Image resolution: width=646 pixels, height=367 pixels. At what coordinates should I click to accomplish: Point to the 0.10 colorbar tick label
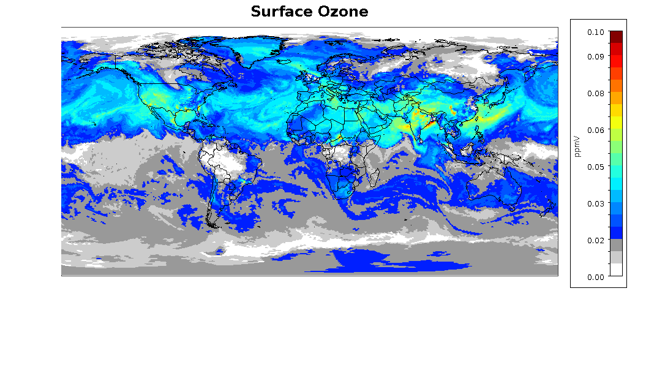pyautogui.click(x=595, y=32)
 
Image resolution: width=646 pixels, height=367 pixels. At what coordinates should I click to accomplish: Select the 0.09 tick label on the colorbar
pyautogui.click(x=595, y=56)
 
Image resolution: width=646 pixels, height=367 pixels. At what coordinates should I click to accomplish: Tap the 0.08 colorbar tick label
pyautogui.click(x=595, y=93)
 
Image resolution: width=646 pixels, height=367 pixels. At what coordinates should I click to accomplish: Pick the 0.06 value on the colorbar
pyautogui.click(x=595, y=130)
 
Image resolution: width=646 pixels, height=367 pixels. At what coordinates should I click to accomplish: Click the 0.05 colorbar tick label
pyautogui.click(x=595, y=167)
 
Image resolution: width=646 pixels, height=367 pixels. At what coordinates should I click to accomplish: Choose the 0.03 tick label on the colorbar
pyautogui.click(x=595, y=203)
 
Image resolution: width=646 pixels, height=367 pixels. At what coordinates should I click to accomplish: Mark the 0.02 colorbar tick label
pyautogui.click(x=595, y=240)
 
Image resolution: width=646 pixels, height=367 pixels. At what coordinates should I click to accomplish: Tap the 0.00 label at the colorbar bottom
pyautogui.click(x=595, y=277)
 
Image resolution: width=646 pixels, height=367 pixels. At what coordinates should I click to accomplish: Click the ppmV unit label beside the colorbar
pyautogui.click(x=577, y=147)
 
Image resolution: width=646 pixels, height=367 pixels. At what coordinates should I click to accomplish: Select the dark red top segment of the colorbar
pyautogui.click(x=616, y=36)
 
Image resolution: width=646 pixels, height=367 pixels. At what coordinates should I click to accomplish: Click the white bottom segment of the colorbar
pyautogui.click(x=616, y=270)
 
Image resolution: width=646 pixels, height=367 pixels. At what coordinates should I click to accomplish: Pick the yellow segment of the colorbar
pyautogui.click(x=616, y=122)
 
